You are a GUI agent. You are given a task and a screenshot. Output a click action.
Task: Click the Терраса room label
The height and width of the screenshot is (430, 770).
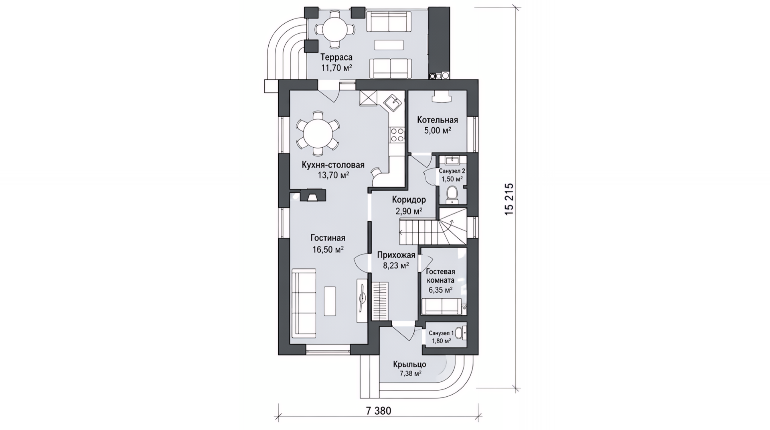[336, 58]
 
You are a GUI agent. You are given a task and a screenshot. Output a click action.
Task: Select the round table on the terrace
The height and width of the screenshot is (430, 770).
[334, 30]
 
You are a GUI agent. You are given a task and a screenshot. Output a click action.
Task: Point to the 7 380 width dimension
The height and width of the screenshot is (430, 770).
[378, 411]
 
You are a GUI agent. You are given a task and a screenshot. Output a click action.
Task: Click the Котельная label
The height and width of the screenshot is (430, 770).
[437, 120]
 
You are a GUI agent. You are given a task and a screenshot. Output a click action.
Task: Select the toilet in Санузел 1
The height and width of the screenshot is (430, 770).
[460, 332]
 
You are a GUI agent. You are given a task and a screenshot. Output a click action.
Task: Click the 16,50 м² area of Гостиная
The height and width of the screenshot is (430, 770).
[328, 249]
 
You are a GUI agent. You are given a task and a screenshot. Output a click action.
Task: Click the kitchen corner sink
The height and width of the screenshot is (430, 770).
[393, 103]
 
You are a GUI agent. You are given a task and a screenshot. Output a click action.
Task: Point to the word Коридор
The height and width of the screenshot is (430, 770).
[409, 200]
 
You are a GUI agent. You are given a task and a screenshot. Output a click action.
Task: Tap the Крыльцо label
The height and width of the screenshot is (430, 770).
[409, 365]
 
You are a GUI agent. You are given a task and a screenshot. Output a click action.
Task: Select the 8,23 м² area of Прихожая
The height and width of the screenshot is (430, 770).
[396, 265]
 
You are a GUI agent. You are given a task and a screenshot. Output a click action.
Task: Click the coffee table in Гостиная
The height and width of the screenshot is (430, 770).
[330, 300]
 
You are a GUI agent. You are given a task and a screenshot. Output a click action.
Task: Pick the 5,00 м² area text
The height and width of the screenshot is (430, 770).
[438, 130]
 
